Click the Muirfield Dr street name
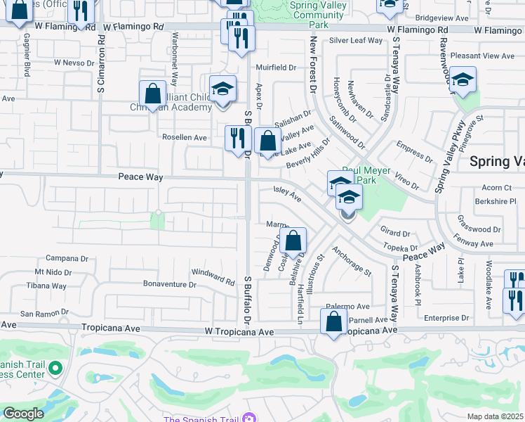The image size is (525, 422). coord(277,68)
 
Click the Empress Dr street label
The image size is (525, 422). coord(414,152)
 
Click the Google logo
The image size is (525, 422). coord(24,414)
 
